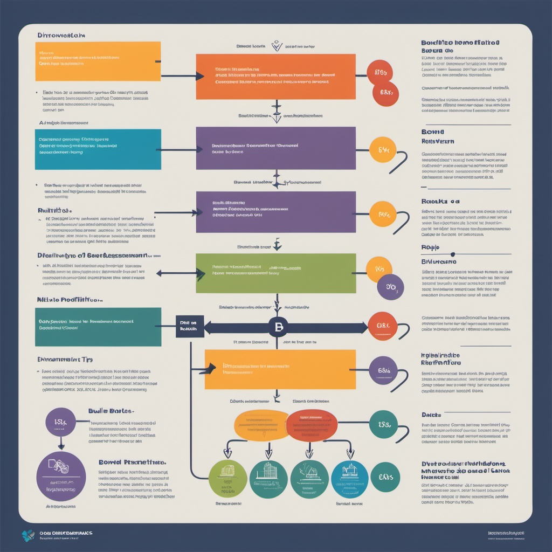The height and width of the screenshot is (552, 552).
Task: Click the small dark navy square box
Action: [x=190, y=326]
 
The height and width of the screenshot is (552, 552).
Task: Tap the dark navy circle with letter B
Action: [x=278, y=327]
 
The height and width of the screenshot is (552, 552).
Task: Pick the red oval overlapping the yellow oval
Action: [x=312, y=424]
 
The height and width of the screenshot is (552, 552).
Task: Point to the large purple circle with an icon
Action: [x=60, y=477]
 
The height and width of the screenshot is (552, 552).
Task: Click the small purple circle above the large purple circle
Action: [x=60, y=422]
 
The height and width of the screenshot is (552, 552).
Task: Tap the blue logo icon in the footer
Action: [x=28, y=535]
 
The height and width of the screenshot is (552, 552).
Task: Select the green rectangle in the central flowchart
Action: [x=275, y=273]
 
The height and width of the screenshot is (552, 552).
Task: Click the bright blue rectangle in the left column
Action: [x=98, y=149]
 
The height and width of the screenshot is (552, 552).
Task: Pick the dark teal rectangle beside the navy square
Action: [x=98, y=327]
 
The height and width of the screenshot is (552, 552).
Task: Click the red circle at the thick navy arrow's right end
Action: [x=383, y=326]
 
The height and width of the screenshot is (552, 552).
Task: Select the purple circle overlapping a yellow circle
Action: [x=391, y=287]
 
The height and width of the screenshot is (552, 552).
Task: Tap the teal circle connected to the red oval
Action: [x=383, y=424]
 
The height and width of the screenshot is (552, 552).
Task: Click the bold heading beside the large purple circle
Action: [x=132, y=462]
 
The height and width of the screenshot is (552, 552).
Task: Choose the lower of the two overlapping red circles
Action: [x=385, y=93]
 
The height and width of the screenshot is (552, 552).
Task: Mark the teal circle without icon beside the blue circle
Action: [x=385, y=477]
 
